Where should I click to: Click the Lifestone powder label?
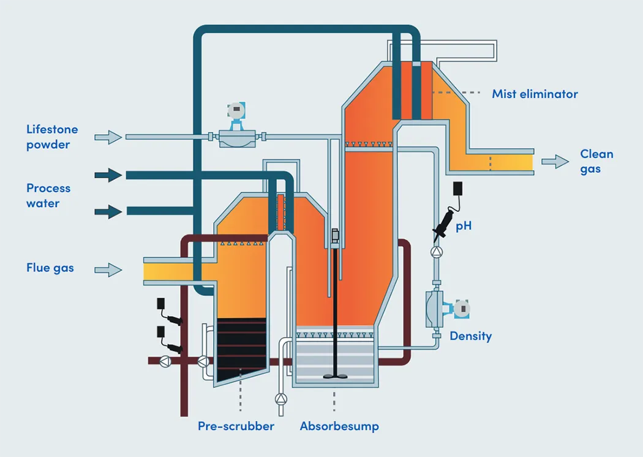point(52,137)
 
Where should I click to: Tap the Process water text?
point(48,195)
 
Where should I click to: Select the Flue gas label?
point(50,268)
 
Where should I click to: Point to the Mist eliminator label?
point(535,94)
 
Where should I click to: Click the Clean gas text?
point(596,161)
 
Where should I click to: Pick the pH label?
point(464,226)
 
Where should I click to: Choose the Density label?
point(470,336)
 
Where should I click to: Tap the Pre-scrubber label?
point(236,426)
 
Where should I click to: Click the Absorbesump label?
point(339,426)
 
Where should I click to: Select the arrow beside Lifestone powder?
point(109,137)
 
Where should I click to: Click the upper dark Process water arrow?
point(108,175)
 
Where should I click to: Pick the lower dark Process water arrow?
point(108,212)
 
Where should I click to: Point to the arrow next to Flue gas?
point(109,269)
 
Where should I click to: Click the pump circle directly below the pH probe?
point(436,252)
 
